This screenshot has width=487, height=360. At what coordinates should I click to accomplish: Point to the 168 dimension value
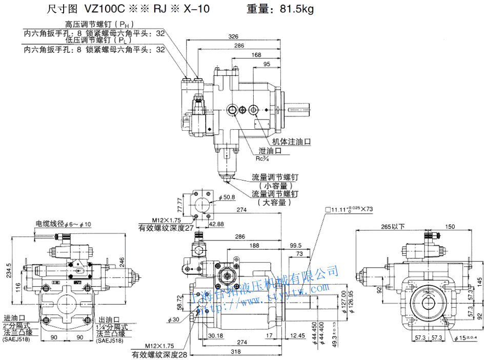click(256, 55)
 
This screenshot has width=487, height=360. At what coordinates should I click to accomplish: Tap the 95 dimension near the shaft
click(267, 64)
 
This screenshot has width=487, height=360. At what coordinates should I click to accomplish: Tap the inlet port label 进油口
click(14, 318)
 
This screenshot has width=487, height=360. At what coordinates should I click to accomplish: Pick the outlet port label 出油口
click(109, 318)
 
